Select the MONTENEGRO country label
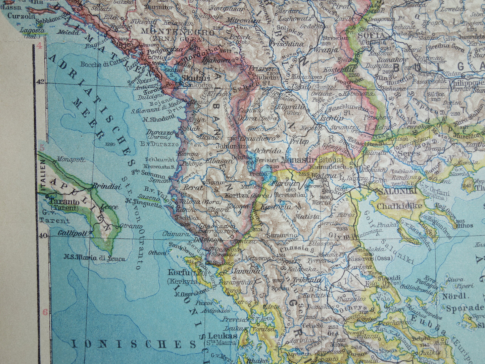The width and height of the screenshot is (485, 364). pyautogui.click(x=178, y=33)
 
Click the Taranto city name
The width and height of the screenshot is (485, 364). pyautogui.click(x=64, y=202)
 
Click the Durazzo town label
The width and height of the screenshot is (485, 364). pyautogui.click(x=160, y=132)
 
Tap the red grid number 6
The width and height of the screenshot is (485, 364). pyautogui.click(x=45, y=312)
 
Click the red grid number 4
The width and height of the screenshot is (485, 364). pyautogui.click(x=39, y=46)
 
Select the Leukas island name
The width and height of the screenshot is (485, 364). pyautogui.click(x=222, y=335)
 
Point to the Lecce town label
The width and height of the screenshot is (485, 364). pyautogui.click(x=109, y=206)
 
